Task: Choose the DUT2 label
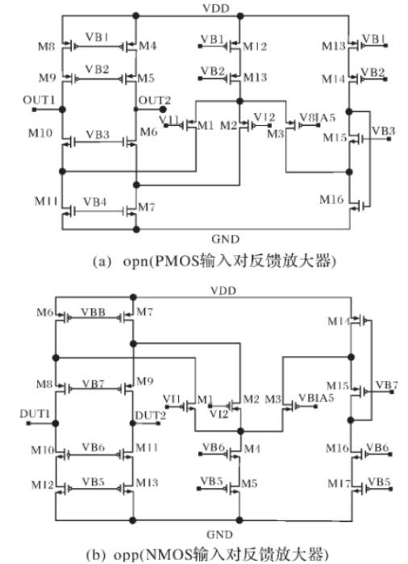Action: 152,414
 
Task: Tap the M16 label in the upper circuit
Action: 332,198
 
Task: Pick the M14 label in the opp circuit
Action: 339,321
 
